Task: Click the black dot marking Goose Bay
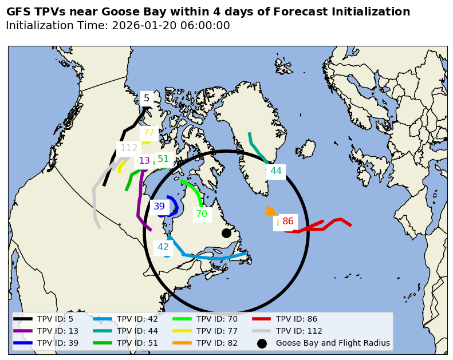coord(226,233)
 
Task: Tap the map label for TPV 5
coord(147,98)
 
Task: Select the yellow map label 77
coord(149,133)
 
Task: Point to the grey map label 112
coord(129,148)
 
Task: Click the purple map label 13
coord(144,161)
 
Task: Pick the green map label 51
coord(163,159)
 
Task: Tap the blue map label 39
coord(159,207)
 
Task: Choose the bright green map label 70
coord(202,214)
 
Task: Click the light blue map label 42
coord(163,247)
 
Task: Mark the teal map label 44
coord(276,171)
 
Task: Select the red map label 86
coord(288,221)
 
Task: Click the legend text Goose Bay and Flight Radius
coord(333,343)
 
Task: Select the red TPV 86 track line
coord(324,227)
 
